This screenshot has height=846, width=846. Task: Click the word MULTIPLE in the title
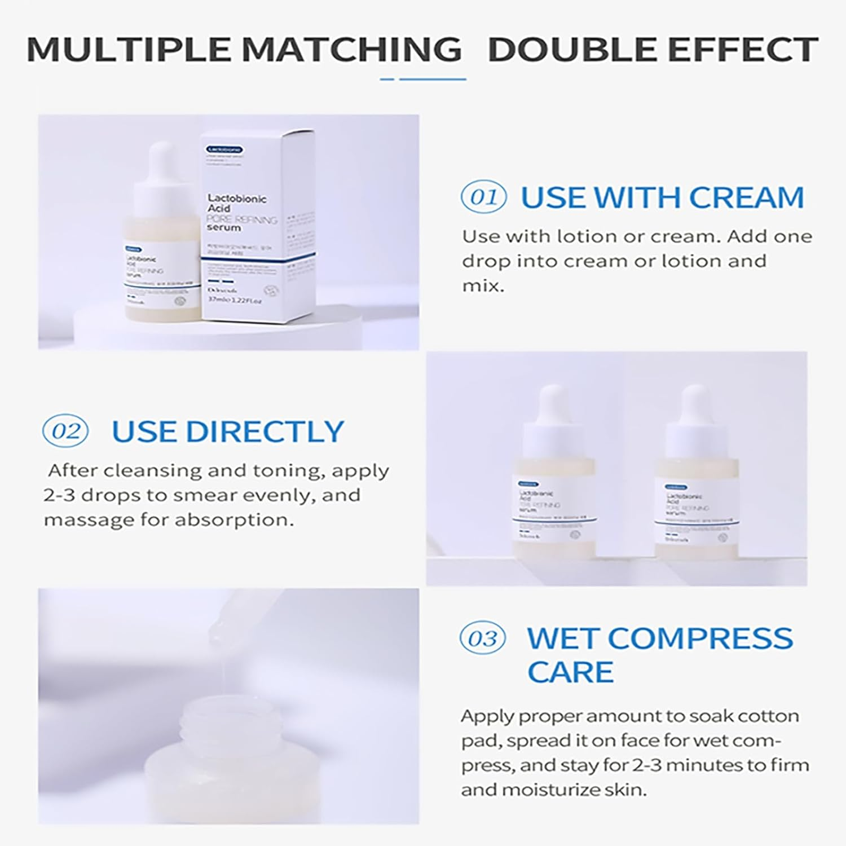(129, 49)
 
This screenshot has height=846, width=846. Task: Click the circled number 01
(483, 197)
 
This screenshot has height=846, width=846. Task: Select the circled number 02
(65, 431)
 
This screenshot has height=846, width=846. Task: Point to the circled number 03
(482, 639)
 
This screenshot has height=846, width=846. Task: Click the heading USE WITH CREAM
(662, 197)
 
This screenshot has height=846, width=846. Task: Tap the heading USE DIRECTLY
(227, 431)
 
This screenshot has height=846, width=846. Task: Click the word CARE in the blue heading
(570, 672)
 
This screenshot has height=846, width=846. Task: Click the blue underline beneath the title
(423, 79)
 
